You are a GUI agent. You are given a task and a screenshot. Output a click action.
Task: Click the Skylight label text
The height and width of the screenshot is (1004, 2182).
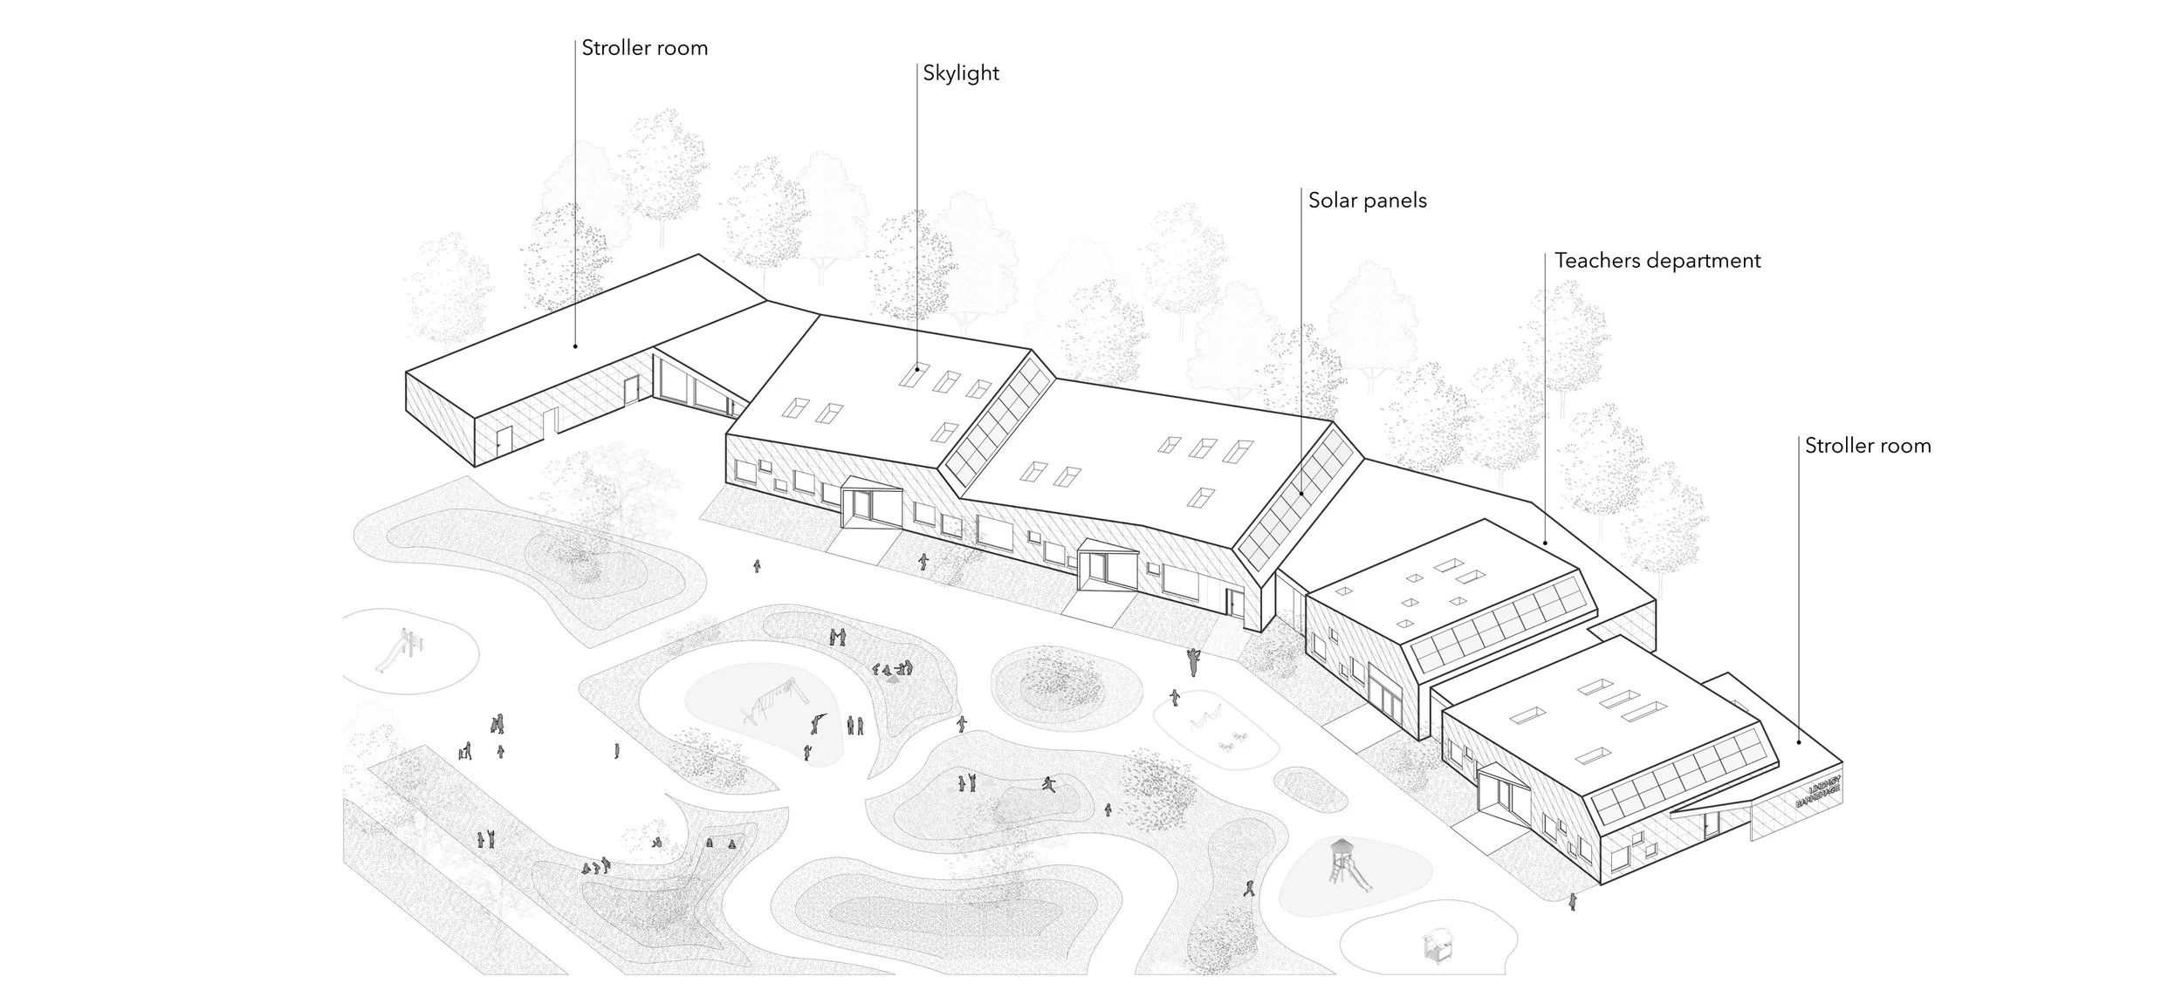(x=960, y=73)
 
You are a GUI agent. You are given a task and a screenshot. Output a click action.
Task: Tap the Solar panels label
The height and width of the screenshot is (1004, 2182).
(x=1367, y=201)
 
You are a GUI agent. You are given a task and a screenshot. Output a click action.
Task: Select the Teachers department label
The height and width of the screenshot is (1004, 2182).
(x=1657, y=261)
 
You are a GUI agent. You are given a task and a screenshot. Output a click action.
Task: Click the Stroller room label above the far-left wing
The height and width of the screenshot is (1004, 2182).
(x=644, y=48)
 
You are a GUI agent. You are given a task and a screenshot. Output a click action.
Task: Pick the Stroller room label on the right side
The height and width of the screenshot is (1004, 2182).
(x=1867, y=446)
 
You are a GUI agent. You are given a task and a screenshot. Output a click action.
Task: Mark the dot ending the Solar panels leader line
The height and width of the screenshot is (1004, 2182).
(x=1301, y=494)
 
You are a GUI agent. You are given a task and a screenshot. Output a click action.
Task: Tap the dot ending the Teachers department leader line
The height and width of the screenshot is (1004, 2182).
(x=1545, y=543)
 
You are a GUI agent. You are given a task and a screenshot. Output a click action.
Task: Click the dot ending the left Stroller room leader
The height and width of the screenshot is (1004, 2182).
(x=575, y=346)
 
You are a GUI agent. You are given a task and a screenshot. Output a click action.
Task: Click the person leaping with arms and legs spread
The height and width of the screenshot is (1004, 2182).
(x=1048, y=782)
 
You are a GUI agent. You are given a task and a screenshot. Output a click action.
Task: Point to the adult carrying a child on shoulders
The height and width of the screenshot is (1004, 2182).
(x=1192, y=660)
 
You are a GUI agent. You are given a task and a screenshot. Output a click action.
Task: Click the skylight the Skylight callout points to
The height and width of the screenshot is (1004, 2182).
(x=913, y=378)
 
